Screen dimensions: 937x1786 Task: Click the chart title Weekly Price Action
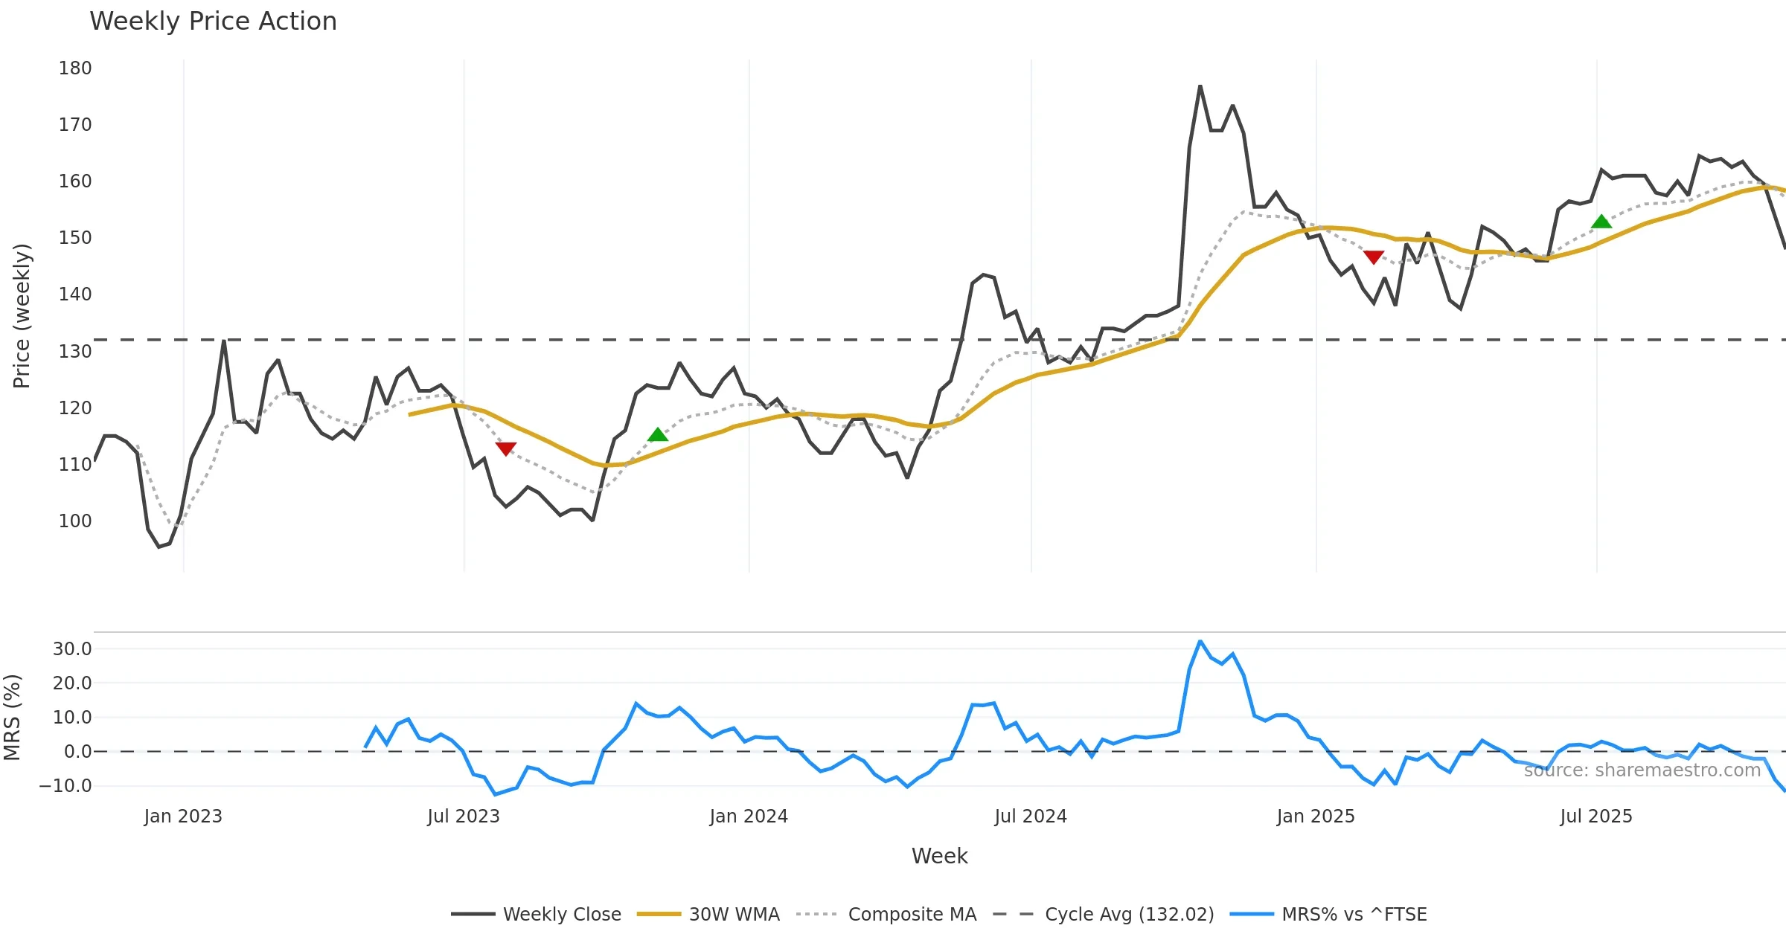tap(213, 22)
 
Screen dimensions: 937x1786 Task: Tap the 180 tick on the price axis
tap(75, 68)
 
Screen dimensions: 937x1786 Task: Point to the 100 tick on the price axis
tap(75, 521)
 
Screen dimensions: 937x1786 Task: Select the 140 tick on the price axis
tap(75, 294)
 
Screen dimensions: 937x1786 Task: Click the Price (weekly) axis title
tap(22, 316)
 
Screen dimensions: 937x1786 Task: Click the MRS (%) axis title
tap(13, 717)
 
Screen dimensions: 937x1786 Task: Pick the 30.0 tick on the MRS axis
tap(72, 649)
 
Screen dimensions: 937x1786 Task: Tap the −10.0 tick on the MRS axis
tap(65, 786)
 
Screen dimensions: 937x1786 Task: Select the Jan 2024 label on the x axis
tap(749, 817)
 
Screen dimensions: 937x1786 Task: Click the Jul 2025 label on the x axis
tap(1596, 817)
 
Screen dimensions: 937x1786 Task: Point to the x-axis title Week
tap(939, 857)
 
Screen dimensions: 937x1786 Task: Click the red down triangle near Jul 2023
tap(506, 448)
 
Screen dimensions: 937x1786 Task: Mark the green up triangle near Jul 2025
tap(1601, 222)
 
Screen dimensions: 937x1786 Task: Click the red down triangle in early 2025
tap(1374, 257)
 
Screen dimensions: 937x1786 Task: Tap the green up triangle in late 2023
tap(658, 435)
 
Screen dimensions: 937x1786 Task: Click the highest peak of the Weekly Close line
tap(1200, 86)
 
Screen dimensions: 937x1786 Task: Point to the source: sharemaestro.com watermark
tap(1642, 770)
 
